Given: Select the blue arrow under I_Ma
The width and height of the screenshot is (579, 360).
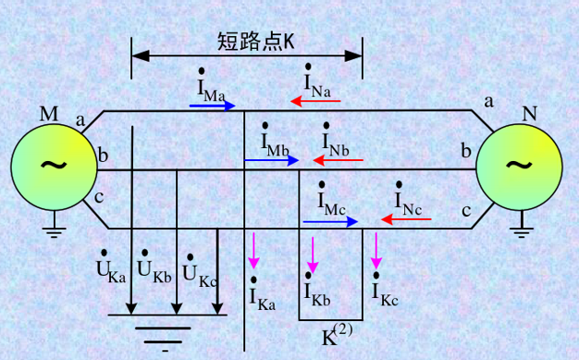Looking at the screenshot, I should [x=213, y=106].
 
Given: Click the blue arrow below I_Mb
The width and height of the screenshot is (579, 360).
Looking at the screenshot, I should [x=272, y=160].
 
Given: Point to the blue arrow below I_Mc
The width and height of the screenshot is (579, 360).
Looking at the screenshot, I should [x=330, y=222].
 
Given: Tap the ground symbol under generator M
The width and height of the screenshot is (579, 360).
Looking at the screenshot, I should [x=55, y=225].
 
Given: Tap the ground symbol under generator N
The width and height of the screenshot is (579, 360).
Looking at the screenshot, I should [x=524, y=224].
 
